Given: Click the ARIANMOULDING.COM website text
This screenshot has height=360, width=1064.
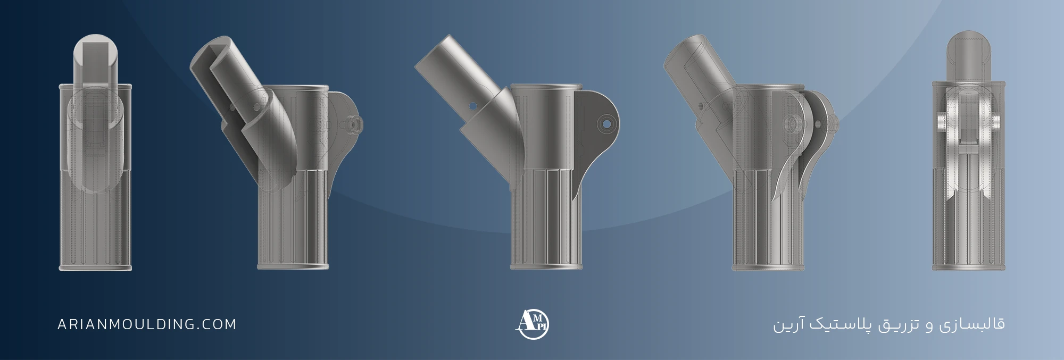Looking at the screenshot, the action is click(x=147, y=324).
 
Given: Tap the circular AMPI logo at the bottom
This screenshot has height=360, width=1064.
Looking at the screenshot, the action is click(x=533, y=323).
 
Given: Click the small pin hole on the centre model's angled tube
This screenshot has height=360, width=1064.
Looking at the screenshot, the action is click(x=472, y=106).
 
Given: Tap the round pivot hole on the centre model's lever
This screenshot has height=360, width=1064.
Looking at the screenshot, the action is click(x=604, y=123).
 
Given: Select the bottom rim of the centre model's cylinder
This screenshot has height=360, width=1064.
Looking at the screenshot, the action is click(x=547, y=266).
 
